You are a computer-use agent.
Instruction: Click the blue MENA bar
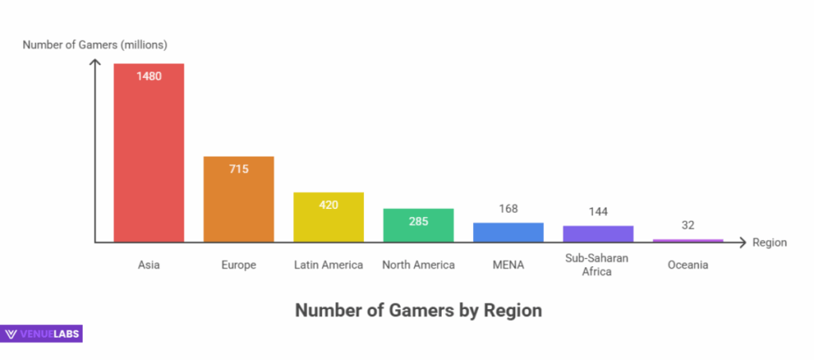coord(508,232)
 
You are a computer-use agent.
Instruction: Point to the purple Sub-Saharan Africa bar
coord(598,234)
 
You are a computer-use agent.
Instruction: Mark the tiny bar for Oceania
coord(688,240)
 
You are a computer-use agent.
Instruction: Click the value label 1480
coord(149,76)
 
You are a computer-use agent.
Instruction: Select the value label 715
coord(238,168)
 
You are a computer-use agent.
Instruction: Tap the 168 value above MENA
coord(508,209)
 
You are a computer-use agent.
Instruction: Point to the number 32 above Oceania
coord(688,225)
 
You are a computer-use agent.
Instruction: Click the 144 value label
coord(598,212)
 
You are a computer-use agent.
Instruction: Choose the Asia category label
coord(149,265)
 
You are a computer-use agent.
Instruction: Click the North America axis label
coord(418,265)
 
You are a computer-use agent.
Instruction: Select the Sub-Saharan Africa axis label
coord(598,265)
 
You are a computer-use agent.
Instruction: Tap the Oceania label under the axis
coord(688,265)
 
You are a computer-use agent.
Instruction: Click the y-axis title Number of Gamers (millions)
coord(95,45)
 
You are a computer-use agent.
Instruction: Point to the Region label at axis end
coord(769,242)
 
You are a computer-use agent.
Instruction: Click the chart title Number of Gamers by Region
coord(418,310)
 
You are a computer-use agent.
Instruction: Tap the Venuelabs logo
coord(43,334)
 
